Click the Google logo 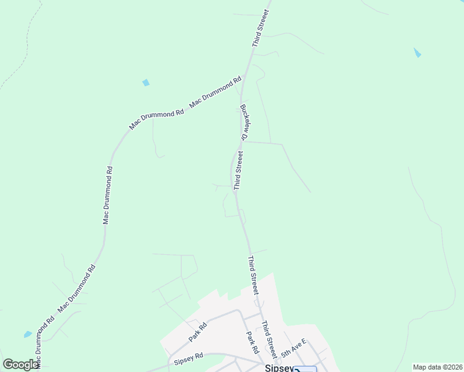(20, 365)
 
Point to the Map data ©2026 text (437, 367)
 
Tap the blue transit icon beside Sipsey (305, 370)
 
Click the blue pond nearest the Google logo (28, 334)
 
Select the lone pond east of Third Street (417, 53)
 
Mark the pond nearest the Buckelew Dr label (146, 82)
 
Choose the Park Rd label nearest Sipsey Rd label (199, 332)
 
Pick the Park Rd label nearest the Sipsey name (252, 343)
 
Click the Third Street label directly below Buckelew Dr (238, 169)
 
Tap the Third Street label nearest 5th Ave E (269, 336)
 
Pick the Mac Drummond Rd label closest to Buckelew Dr (215, 92)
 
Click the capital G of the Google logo (9, 365)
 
